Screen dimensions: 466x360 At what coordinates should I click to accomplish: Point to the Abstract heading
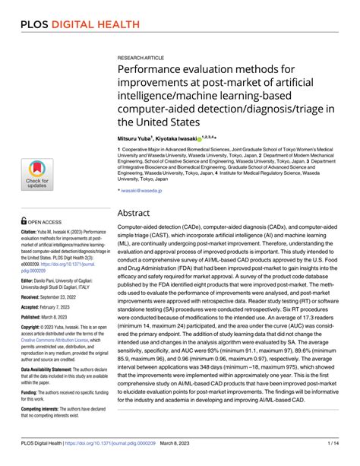coord(142,214)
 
